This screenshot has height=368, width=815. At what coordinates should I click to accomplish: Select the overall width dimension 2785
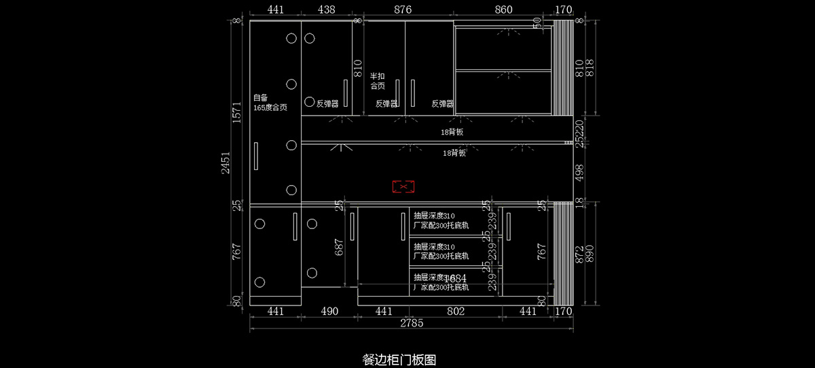[412, 324]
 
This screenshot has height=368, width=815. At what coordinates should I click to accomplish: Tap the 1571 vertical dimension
[237, 112]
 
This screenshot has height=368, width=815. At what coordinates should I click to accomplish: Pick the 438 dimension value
[327, 10]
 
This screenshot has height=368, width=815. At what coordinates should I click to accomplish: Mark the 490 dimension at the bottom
[329, 312]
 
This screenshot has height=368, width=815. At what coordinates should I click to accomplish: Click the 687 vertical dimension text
[339, 246]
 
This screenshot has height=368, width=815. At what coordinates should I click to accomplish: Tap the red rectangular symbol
[403, 186]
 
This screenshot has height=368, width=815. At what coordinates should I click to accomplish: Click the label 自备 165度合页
[270, 103]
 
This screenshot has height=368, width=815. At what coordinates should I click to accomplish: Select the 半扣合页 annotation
[378, 82]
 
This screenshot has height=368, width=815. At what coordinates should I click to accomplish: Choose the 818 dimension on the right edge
[590, 68]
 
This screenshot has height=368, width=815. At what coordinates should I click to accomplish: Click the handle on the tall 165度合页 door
[256, 156]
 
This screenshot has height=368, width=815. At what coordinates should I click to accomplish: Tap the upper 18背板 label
[452, 132]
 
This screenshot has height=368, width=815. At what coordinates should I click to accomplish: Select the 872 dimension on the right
[579, 254]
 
